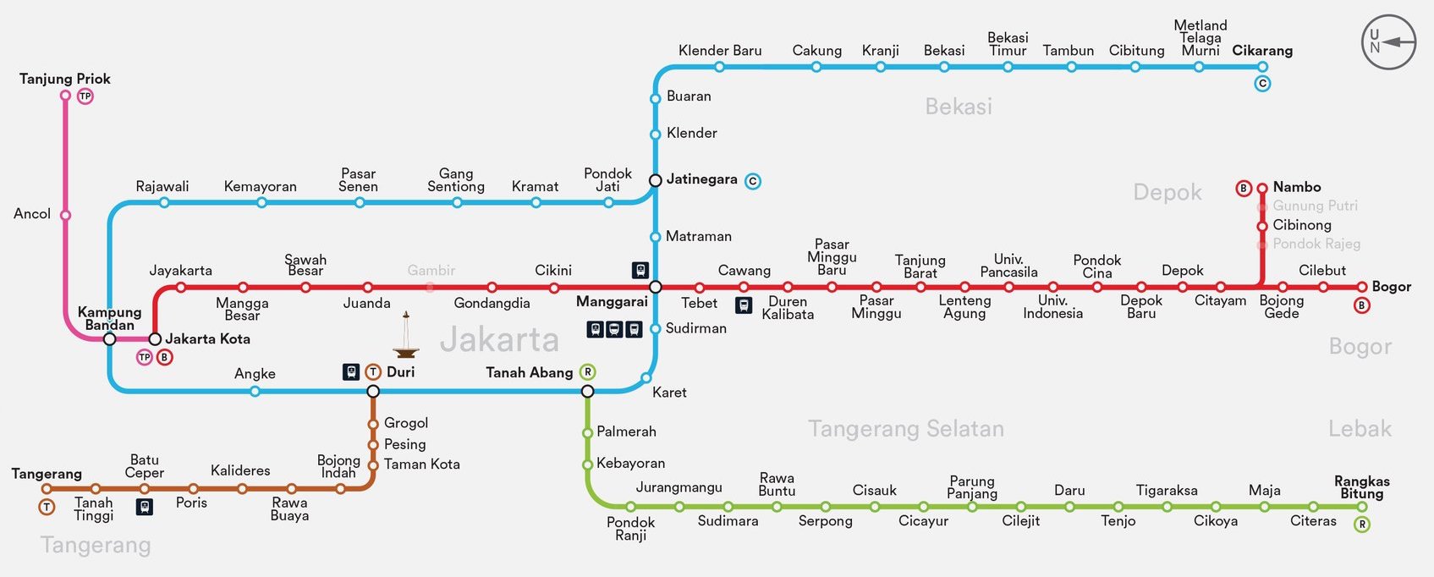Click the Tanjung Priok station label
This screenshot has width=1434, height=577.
click(x=65, y=79)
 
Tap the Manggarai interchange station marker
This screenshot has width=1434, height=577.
click(x=655, y=287)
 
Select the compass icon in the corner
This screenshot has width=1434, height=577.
click(x=1388, y=42)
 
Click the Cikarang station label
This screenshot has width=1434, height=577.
click(x=1262, y=51)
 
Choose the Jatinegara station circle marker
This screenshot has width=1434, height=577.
click(x=655, y=180)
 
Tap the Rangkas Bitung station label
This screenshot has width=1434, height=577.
click(x=1361, y=487)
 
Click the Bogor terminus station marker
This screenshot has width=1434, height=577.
click(x=1361, y=287)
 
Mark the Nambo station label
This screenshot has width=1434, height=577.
click(x=1296, y=187)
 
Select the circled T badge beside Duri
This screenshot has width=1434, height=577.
click(x=373, y=372)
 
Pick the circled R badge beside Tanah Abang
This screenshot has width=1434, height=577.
click(x=588, y=372)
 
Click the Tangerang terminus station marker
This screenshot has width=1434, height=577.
click(x=47, y=489)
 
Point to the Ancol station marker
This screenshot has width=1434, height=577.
click(x=65, y=215)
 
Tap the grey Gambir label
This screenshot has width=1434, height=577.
click(x=431, y=271)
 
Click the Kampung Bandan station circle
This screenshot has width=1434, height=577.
click(x=109, y=339)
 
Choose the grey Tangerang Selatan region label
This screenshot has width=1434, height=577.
click(x=905, y=429)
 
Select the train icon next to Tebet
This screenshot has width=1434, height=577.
click(x=744, y=305)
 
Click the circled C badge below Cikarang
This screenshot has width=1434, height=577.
click(x=1262, y=84)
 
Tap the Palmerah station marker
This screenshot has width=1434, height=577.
click(x=587, y=432)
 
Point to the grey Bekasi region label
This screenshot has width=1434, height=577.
click(x=958, y=107)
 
